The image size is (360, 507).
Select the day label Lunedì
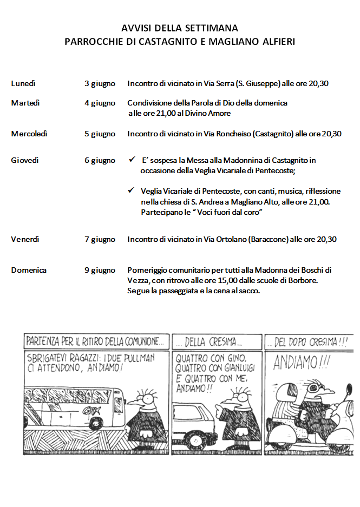pos(23,83)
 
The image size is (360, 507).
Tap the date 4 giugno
pos(100,103)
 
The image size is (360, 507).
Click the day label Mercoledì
pos(29,134)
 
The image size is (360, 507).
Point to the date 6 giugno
pos(100,160)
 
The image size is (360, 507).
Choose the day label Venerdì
pos(25,239)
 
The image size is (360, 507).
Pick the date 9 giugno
pos(100,270)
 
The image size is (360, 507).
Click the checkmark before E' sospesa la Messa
pos(131,160)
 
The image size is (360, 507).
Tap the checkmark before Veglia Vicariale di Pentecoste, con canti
pos(131,191)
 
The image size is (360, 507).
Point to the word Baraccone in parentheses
pos(270,239)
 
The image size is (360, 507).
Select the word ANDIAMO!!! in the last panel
pos(302,363)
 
